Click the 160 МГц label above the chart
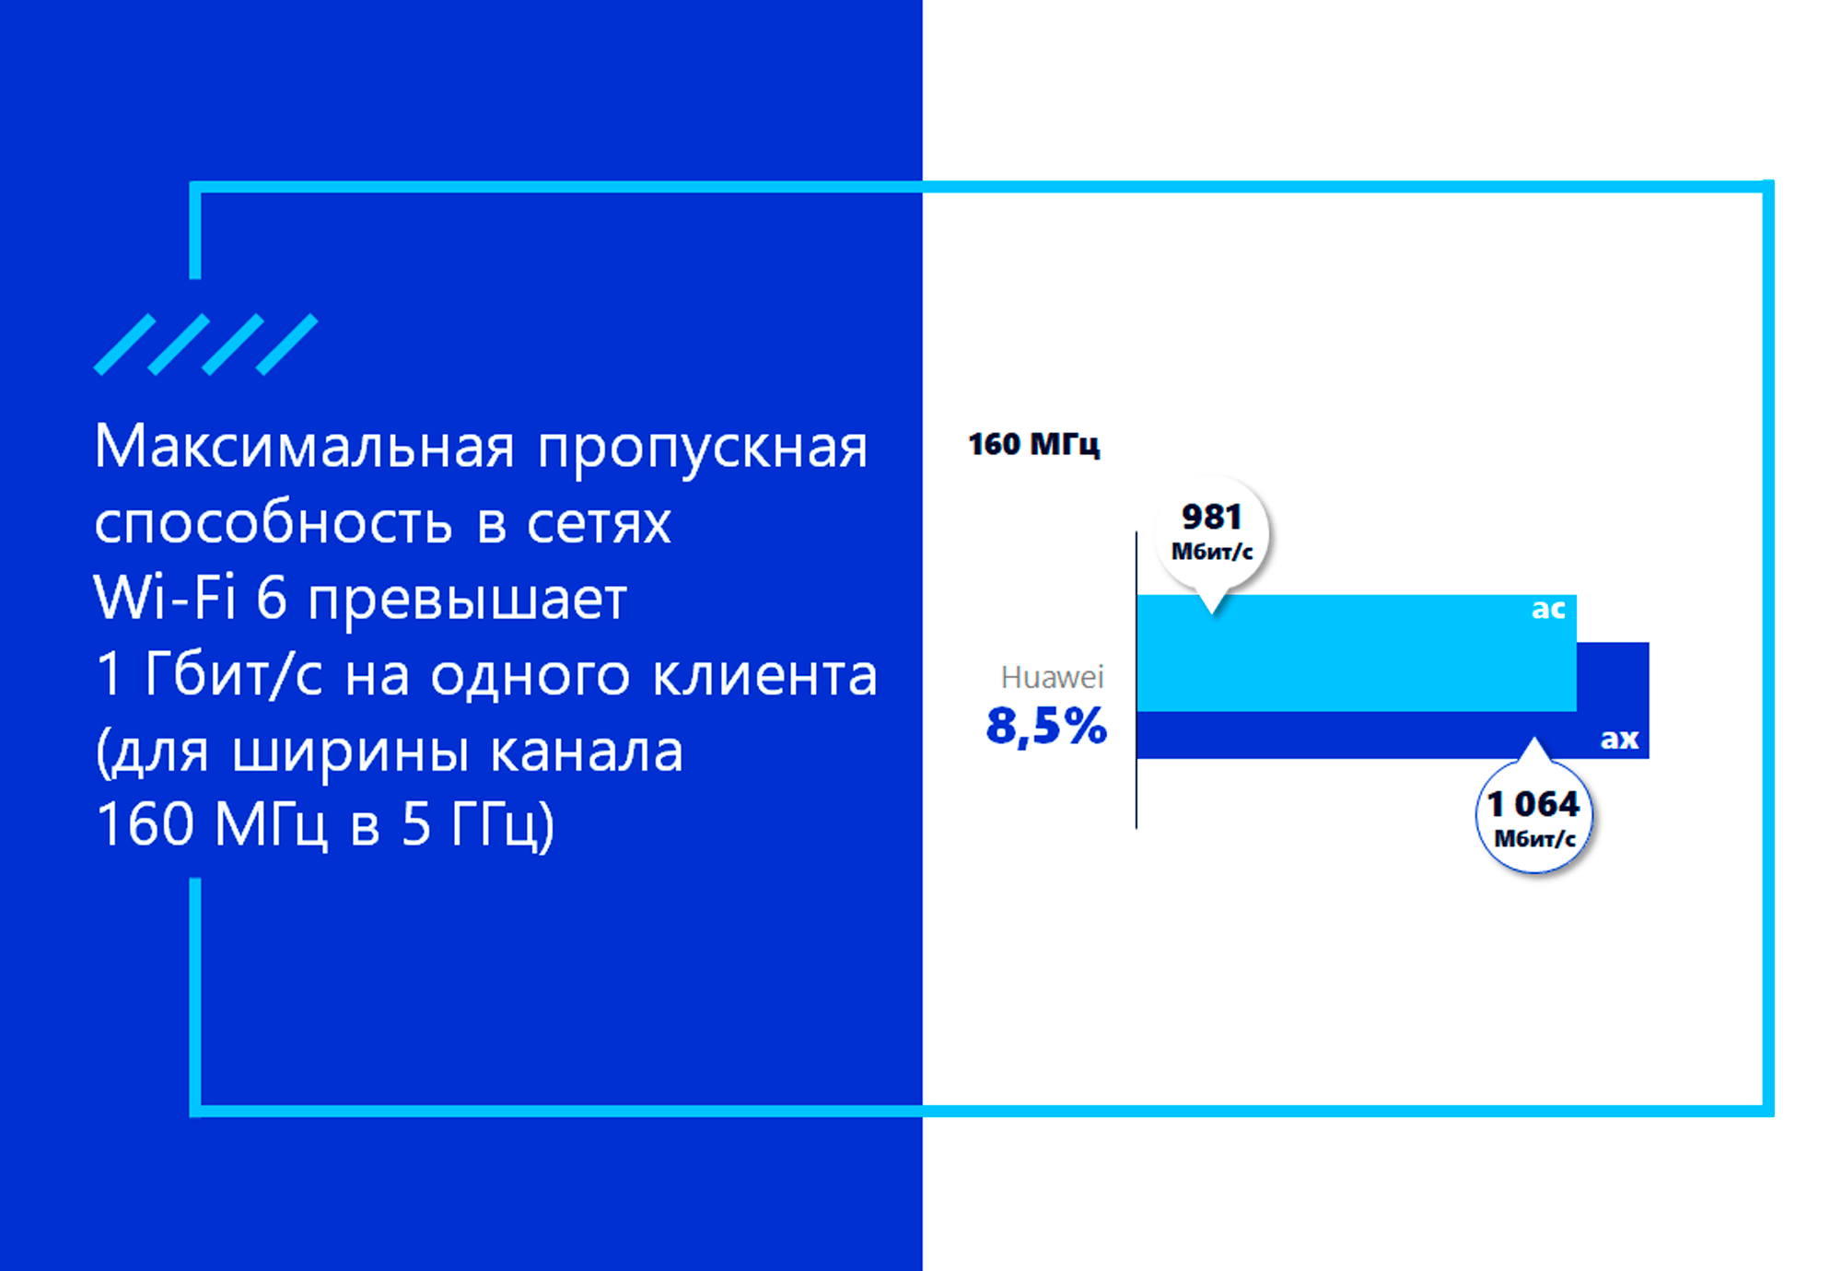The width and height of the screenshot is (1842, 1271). (1033, 445)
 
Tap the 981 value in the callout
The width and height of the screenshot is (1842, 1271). (1212, 517)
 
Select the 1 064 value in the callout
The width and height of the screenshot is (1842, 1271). (1533, 804)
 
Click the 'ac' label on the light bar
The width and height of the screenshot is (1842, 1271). (1548, 609)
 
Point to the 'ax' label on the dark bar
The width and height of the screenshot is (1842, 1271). (1619, 739)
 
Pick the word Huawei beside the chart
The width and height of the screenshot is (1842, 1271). (1052, 677)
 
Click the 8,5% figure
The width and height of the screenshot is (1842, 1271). (1046, 726)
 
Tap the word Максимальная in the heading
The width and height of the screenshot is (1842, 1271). (304, 448)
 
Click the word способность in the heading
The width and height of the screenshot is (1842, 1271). (274, 523)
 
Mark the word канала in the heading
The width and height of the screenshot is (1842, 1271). (587, 752)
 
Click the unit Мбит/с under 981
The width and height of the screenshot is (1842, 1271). (1212, 552)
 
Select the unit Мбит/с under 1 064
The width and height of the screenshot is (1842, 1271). (1534, 838)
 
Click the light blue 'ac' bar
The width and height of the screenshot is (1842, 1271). (1357, 653)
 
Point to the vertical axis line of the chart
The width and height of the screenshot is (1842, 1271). (1137, 680)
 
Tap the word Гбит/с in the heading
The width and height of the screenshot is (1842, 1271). (233, 675)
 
